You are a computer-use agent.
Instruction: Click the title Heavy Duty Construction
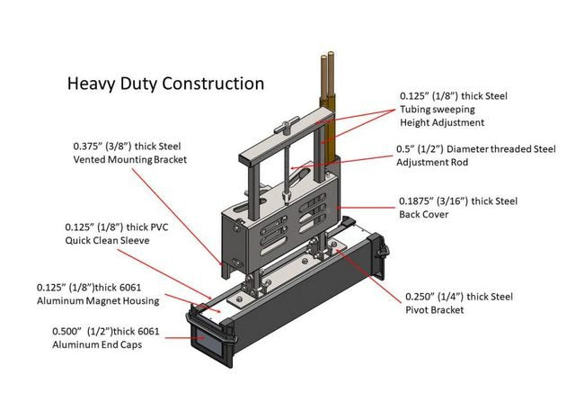(x=166, y=84)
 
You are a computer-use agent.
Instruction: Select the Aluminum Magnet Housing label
(x=98, y=300)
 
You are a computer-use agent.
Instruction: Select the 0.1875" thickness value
(x=420, y=201)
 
